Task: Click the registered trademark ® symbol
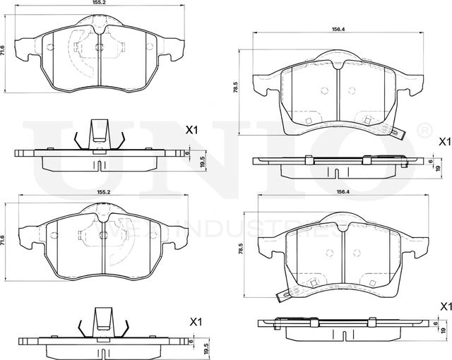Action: tap(424, 130)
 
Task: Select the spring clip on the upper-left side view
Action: tap(100, 134)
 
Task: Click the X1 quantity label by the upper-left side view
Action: tap(191, 130)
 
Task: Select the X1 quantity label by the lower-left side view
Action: tap(197, 321)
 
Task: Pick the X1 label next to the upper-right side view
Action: tap(444, 141)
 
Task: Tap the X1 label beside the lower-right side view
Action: tap(444, 306)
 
